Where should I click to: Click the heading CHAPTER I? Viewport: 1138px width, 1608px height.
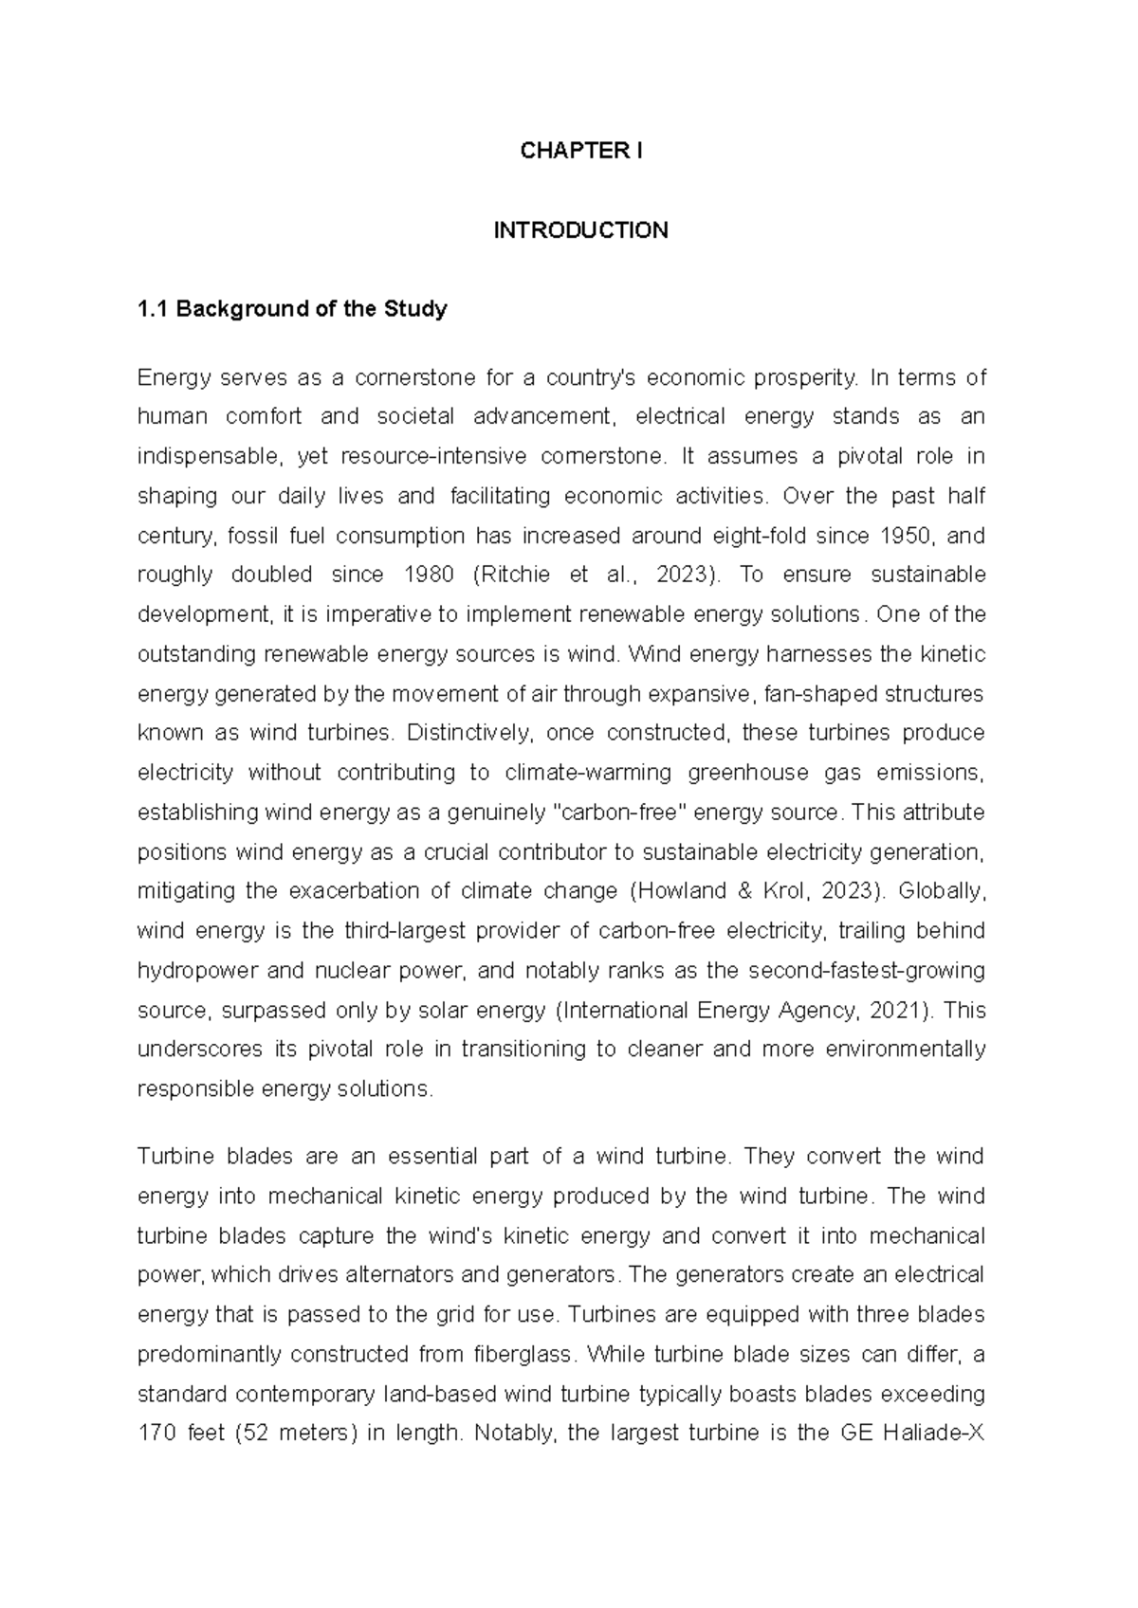pos(580,151)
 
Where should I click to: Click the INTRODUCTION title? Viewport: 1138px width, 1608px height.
pos(580,230)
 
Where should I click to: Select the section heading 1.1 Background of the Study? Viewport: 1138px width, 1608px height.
pos(292,309)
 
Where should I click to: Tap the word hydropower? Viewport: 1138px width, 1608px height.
pos(194,971)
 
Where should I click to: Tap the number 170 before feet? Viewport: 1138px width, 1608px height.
pos(156,1434)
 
